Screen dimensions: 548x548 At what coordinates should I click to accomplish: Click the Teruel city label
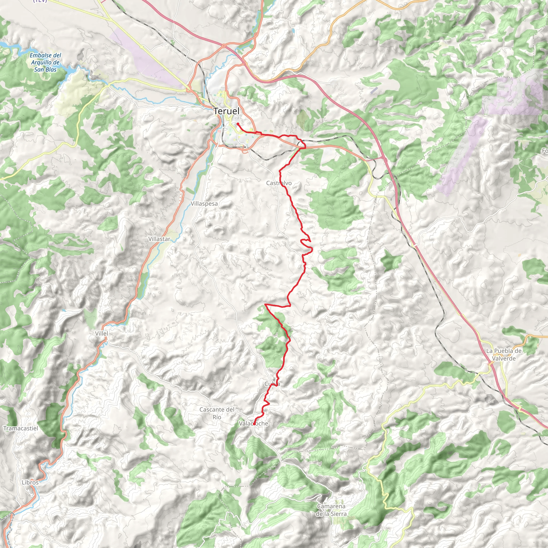tap(226, 111)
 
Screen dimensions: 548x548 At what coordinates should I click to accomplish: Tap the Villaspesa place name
tap(204, 204)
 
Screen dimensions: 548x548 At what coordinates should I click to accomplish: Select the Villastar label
tap(159, 239)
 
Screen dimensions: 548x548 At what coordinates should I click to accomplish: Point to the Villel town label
tap(101, 334)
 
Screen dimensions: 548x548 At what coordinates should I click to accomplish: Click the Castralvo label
tap(279, 183)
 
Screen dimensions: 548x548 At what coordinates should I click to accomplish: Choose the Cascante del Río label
tap(217, 413)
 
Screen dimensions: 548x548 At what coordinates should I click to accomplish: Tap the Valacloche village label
tap(253, 424)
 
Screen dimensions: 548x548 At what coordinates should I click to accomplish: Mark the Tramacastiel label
tap(20, 428)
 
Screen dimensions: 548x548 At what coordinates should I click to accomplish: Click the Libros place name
tap(30, 482)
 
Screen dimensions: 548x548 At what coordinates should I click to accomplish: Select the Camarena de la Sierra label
tap(331, 510)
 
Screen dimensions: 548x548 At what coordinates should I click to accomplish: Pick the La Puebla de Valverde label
tap(504, 355)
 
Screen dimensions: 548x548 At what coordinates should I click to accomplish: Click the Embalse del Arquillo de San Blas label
tap(45, 62)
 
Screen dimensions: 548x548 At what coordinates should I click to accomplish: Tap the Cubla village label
tap(272, 384)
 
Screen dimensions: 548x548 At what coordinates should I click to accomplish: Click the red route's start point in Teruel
tap(237, 124)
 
